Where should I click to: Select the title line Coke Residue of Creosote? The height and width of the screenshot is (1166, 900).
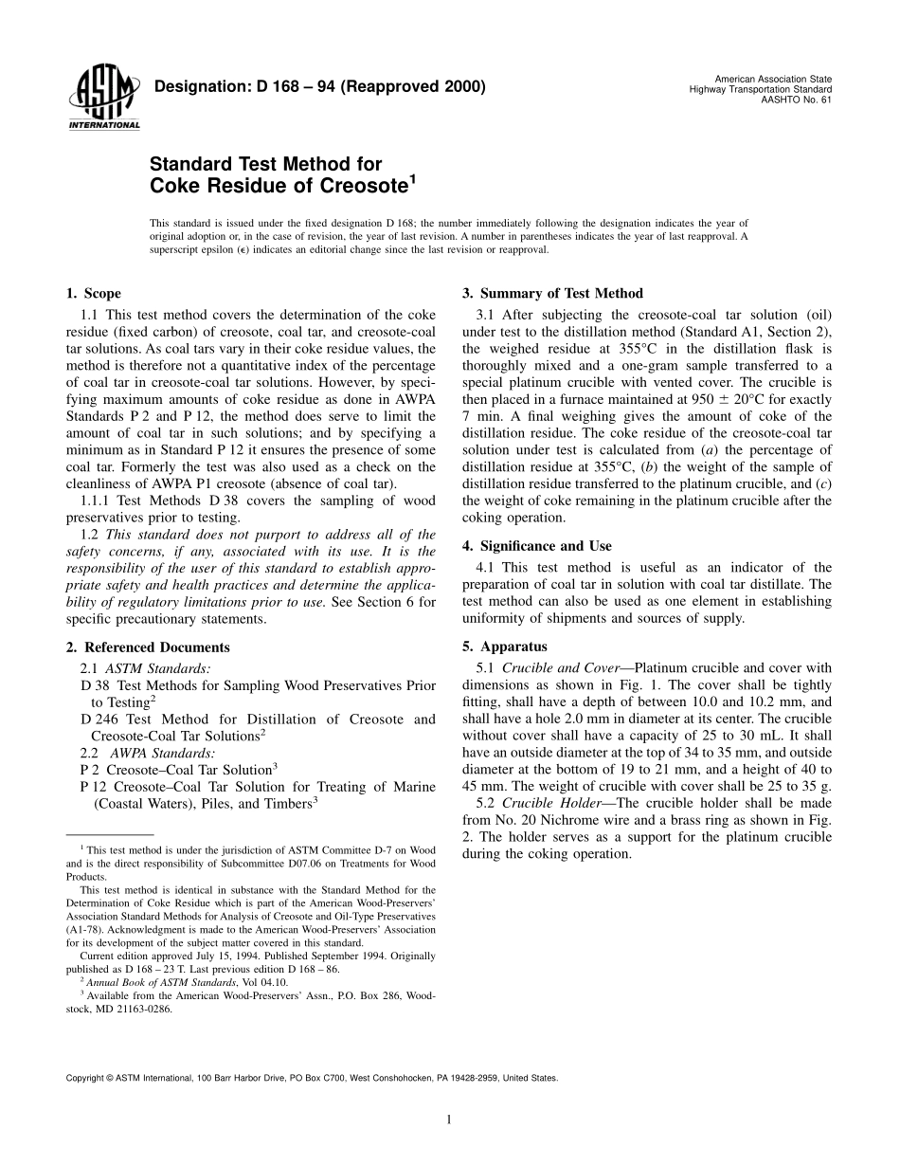pyautogui.click(x=282, y=185)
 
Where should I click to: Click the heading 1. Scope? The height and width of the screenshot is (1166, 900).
pyautogui.click(x=93, y=294)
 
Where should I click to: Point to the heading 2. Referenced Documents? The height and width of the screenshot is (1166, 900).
pyautogui.click(x=148, y=647)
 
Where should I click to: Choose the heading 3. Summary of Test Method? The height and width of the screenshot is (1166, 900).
pyautogui.click(x=552, y=294)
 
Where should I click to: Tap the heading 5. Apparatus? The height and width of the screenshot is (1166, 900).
pyautogui.click(x=504, y=647)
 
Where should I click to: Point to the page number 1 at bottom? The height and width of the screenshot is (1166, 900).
pyautogui.click(x=449, y=1120)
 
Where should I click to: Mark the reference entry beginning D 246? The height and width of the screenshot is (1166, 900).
pyautogui.click(x=258, y=727)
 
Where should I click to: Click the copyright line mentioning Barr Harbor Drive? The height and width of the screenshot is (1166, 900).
pyautogui.click(x=311, y=1078)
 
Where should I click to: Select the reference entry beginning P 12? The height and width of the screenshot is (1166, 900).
pyautogui.click(x=258, y=794)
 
